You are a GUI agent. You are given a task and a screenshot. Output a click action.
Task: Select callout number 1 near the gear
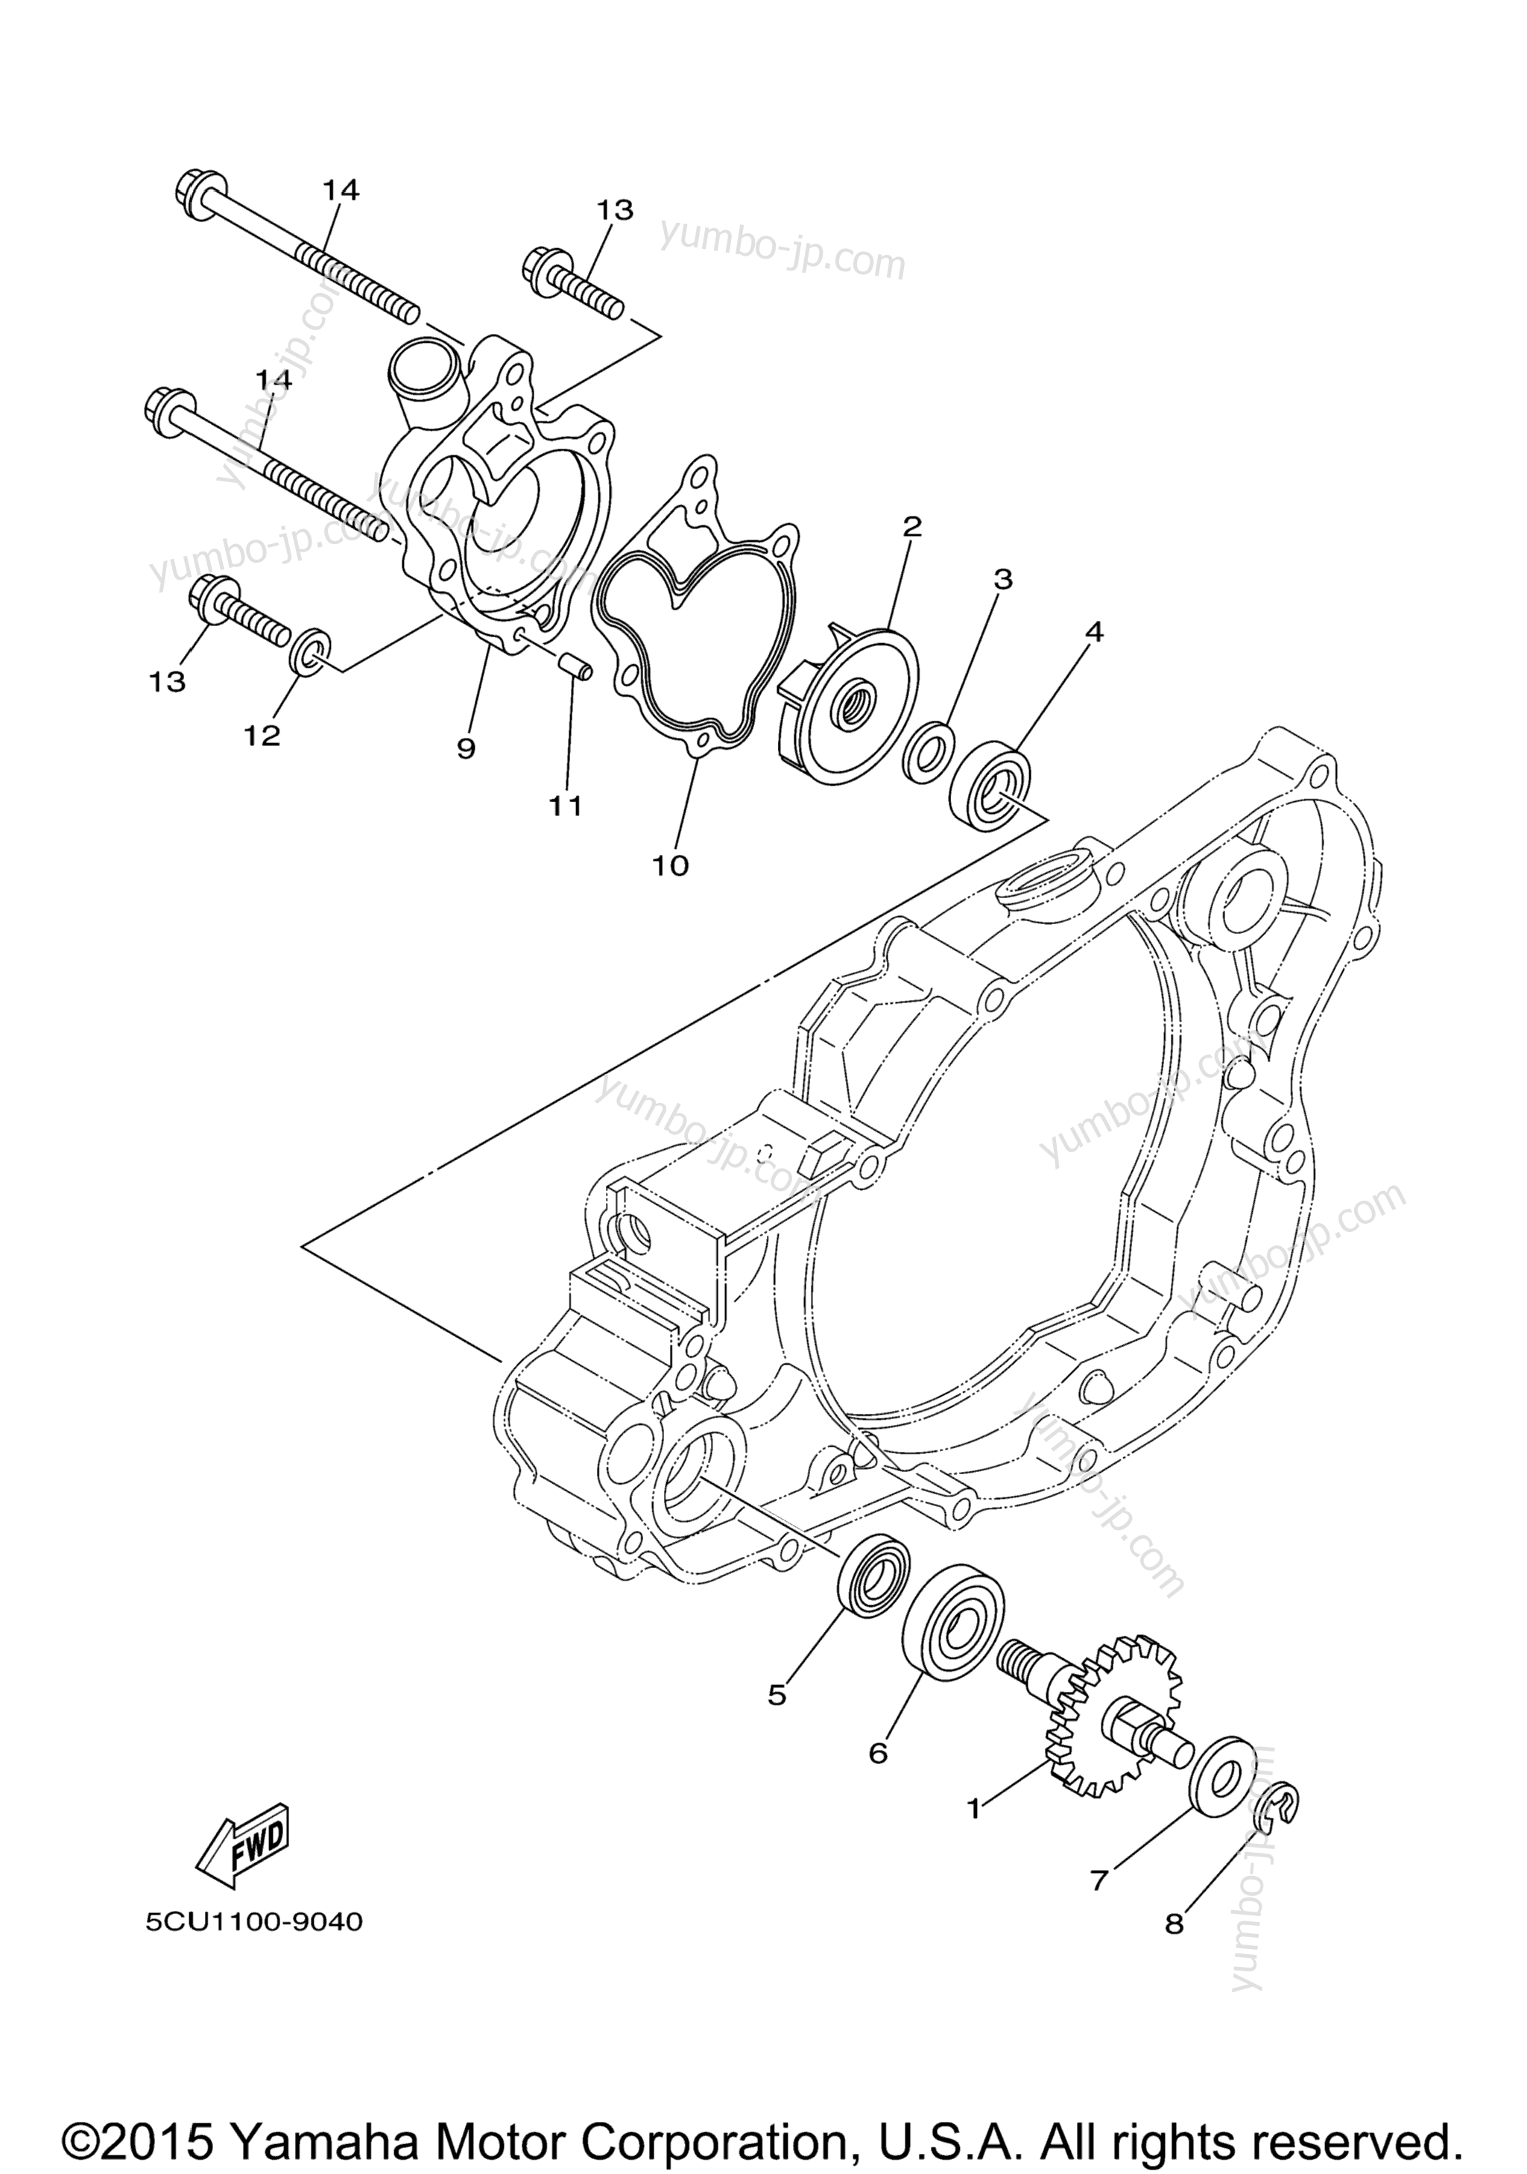(973, 1809)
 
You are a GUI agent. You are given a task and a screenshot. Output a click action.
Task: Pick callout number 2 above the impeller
(911, 526)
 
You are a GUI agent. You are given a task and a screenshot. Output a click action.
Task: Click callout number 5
(777, 1694)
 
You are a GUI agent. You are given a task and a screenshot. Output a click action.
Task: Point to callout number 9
(466, 749)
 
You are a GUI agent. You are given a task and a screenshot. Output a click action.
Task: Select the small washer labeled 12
(311, 651)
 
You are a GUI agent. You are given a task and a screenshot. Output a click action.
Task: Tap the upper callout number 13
(614, 210)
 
